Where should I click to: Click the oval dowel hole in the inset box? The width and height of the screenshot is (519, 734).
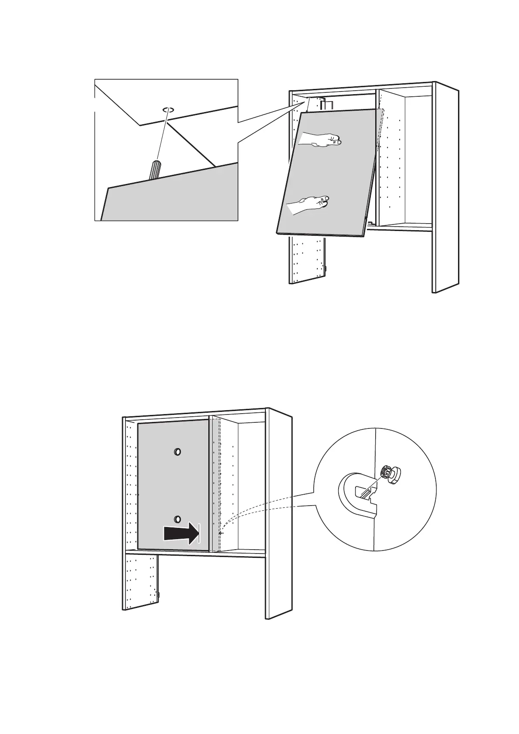click(x=168, y=110)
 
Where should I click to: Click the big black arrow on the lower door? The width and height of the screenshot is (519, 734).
click(x=180, y=533)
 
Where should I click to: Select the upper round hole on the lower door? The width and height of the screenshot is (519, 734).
click(x=177, y=452)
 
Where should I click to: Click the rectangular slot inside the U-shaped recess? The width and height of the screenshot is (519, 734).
click(x=365, y=493)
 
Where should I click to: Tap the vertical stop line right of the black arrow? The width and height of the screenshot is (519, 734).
click(x=199, y=533)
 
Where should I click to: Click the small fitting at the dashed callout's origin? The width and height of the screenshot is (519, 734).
click(x=220, y=533)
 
